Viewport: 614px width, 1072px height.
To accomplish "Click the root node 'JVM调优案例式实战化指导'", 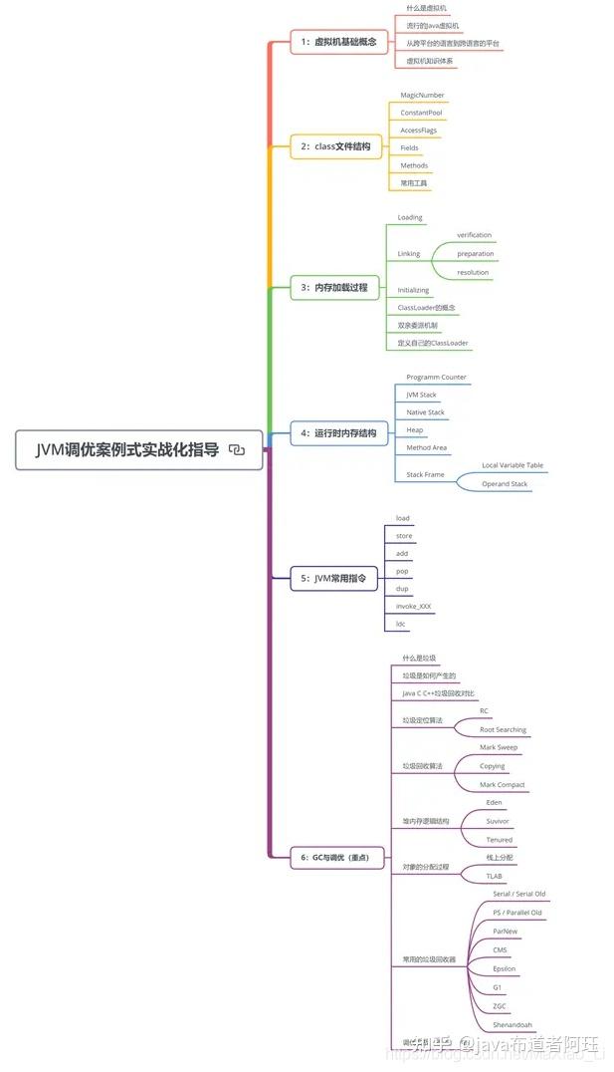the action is (x=126, y=449).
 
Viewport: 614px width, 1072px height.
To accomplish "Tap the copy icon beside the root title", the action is (x=237, y=449).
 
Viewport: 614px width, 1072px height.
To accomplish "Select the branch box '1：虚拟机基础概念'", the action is (x=337, y=43).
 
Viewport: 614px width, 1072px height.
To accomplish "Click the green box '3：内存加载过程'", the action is (x=334, y=288).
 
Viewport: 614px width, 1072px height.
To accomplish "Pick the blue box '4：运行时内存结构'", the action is (x=338, y=433).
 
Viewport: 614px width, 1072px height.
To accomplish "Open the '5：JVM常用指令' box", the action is (x=334, y=578).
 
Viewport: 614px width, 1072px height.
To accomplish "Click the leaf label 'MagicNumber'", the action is (x=422, y=95).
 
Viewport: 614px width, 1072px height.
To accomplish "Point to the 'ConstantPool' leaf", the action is (x=422, y=113).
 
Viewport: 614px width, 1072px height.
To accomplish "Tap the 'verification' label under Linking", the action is (x=475, y=235).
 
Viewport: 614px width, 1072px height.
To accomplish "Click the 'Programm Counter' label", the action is (x=436, y=378).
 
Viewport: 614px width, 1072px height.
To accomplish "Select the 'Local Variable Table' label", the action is (x=513, y=465).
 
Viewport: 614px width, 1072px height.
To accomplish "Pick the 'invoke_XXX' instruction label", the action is (x=414, y=606).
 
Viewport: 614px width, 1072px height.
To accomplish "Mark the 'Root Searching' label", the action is (x=503, y=729).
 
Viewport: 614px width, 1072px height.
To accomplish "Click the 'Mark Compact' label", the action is (x=502, y=785).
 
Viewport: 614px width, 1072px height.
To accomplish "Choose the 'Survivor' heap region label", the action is (x=498, y=821).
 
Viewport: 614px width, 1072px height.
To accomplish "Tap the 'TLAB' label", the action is (x=495, y=877).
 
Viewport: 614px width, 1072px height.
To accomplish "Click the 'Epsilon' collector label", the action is (x=505, y=968).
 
